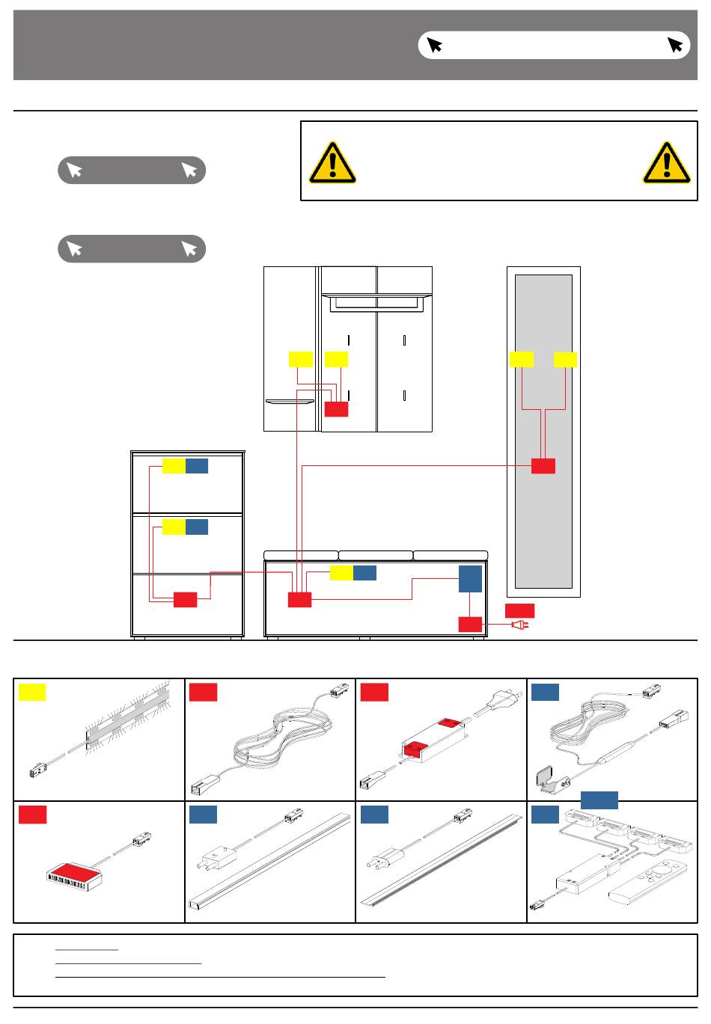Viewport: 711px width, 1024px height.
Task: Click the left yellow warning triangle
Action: (333, 162)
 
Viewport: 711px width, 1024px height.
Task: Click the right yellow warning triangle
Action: (666, 162)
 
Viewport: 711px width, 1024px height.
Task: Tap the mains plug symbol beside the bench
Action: (520, 624)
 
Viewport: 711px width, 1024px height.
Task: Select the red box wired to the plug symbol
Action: (470, 624)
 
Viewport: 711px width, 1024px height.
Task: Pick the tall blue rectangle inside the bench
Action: (470, 579)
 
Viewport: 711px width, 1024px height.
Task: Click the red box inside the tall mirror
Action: (543, 465)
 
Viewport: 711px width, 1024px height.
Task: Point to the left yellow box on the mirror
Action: (521, 359)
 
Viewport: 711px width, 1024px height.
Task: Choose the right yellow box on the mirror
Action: (565, 359)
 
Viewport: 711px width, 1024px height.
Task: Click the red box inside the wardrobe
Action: (336, 408)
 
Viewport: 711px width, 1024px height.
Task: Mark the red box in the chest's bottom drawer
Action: (185, 599)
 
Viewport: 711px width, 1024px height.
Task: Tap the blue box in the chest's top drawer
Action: (197, 466)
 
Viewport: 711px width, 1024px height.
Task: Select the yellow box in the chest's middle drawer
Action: (174, 527)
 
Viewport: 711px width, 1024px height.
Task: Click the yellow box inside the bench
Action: (341, 573)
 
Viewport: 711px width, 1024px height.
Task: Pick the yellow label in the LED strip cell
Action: (31, 692)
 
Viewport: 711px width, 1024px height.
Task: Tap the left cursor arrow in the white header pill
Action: (434, 45)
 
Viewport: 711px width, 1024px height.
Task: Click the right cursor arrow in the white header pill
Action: (675, 45)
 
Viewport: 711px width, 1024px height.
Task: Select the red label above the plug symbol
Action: (519, 609)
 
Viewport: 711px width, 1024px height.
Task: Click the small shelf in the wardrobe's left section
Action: (290, 401)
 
